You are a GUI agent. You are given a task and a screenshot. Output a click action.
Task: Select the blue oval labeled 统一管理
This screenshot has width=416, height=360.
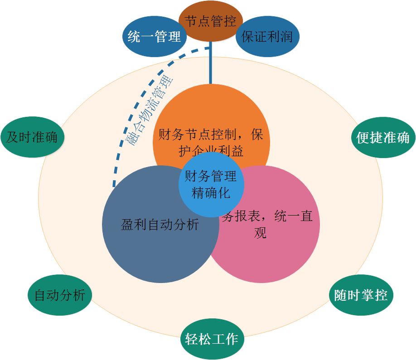[155, 37]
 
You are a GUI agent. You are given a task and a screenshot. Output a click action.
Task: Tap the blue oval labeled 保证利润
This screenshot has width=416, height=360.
[267, 37]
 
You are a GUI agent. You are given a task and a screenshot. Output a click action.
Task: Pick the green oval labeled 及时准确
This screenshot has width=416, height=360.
[32, 137]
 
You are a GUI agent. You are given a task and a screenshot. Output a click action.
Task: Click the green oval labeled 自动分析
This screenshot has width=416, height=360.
[60, 296]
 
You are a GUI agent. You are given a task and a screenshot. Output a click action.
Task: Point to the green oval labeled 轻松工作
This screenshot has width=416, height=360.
[212, 339]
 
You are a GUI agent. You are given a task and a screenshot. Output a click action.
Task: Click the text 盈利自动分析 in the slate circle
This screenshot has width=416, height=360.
[160, 225]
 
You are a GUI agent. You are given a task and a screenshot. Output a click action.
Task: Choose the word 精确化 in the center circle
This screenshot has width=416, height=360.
[211, 193]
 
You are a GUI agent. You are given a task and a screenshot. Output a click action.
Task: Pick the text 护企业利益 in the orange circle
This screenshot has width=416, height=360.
[211, 151]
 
